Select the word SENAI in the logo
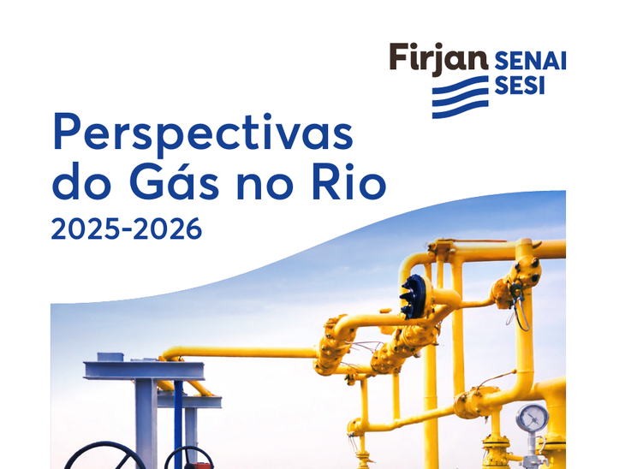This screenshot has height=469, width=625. point(530,61)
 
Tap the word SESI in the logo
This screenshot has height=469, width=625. point(519,86)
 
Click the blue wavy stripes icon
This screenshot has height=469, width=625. point(459,97)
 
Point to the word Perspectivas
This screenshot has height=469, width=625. point(203,135)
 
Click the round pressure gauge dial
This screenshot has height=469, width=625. point(532,419)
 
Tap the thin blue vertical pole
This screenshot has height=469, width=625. point(178,419)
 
